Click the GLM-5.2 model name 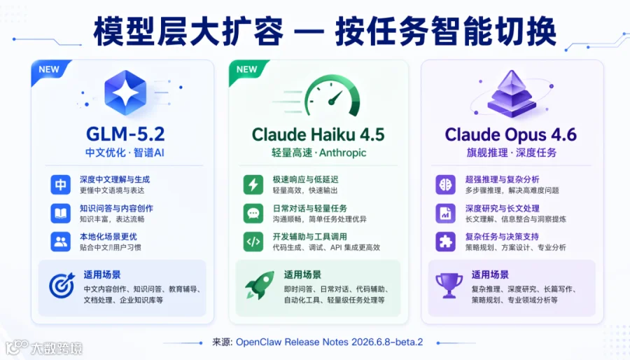click(x=125, y=134)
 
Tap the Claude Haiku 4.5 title click(x=318, y=134)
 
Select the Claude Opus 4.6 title click(x=511, y=134)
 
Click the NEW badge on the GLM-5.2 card click(x=49, y=69)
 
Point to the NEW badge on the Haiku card click(x=246, y=69)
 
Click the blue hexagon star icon click(x=125, y=93)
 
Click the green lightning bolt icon click(x=253, y=185)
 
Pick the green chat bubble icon click(x=253, y=214)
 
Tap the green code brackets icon click(x=253, y=242)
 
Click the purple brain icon click(x=446, y=185)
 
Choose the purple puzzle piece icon click(x=446, y=242)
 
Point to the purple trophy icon click(x=449, y=286)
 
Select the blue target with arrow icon click(x=62, y=285)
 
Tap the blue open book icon click(x=61, y=214)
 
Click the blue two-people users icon click(x=61, y=242)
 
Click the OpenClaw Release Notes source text click(x=329, y=342)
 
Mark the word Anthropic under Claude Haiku click(x=343, y=153)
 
